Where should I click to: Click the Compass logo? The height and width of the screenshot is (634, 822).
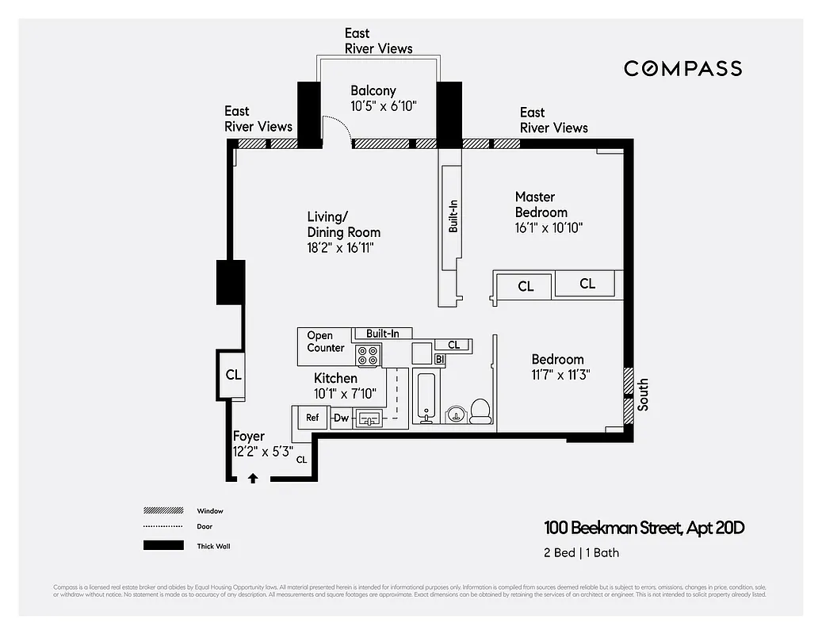tap(682, 69)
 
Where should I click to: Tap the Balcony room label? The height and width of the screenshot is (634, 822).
tap(373, 91)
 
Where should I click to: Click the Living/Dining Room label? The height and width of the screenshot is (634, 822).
tap(343, 224)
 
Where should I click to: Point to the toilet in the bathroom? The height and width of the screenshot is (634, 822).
tap(480, 411)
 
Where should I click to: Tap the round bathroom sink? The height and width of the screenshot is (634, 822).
tap(456, 414)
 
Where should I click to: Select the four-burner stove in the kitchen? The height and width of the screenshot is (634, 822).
tap(369, 355)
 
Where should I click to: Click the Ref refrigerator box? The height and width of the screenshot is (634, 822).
tap(312, 418)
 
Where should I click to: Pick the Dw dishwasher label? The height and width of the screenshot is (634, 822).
tap(341, 418)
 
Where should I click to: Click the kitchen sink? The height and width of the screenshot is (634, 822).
tap(369, 418)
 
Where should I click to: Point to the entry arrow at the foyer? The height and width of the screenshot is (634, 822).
tap(253, 477)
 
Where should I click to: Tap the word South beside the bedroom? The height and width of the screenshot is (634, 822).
tap(643, 394)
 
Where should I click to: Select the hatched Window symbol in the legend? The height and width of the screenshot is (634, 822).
tap(163, 510)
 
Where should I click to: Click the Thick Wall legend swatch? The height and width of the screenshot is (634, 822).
tap(163, 545)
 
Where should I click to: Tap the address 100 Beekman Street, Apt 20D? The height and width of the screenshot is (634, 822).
tap(644, 528)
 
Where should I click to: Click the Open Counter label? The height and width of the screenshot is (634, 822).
tap(326, 342)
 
